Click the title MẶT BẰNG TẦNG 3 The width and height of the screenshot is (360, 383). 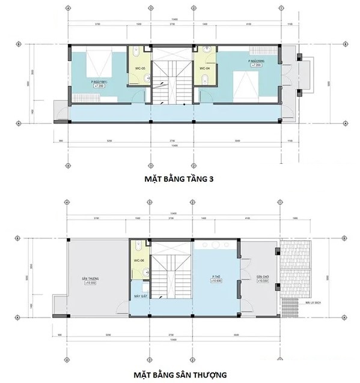click(180, 178)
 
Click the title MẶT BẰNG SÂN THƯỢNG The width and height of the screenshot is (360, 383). click(180, 375)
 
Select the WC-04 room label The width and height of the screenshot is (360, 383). click(204, 69)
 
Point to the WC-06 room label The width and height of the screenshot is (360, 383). click(139, 260)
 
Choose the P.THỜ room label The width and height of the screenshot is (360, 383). click(215, 279)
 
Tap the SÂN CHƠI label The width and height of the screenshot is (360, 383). click(263, 277)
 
